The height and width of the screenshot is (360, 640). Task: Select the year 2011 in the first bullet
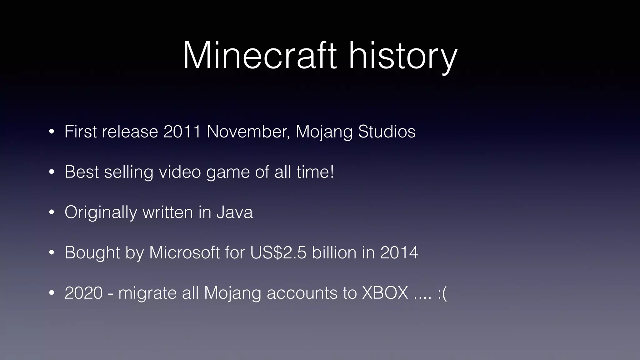[182, 132]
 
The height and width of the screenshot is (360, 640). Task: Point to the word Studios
[387, 132]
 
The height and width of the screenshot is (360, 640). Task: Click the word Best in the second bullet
[82, 172]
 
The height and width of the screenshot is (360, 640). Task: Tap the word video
[180, 172]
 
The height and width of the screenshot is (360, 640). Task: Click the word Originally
[101, 212]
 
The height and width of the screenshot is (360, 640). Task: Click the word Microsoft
[184, 252]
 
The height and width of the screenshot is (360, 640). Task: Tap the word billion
[334, 252]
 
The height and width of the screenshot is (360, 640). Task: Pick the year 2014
[399, 252]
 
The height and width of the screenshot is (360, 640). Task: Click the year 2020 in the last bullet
[83, 293]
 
